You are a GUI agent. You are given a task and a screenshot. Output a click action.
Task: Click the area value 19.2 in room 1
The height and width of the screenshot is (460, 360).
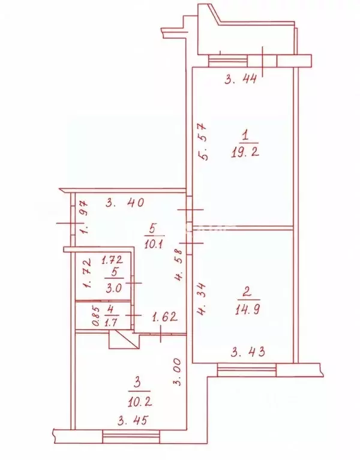(245, 152)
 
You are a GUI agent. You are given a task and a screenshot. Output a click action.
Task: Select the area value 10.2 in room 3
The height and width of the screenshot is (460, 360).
(140, 401)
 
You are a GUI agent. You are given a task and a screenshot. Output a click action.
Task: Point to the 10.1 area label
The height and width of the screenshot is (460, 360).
(154, 243)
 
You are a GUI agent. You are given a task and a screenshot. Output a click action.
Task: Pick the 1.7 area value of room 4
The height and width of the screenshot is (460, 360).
(111, 323)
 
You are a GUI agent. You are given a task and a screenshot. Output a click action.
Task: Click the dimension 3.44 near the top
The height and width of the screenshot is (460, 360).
(241, 79)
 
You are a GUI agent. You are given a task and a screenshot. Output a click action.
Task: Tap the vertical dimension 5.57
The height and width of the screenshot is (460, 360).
(203, 142)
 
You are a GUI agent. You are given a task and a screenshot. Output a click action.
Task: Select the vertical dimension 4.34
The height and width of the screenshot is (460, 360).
(201, 299)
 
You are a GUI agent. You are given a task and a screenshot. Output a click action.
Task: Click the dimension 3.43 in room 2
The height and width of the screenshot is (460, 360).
(248, 351)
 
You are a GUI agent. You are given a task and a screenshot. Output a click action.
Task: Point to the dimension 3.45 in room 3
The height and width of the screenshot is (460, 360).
(132, 421)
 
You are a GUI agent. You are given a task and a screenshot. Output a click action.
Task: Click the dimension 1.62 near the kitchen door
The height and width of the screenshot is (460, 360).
(164, 317)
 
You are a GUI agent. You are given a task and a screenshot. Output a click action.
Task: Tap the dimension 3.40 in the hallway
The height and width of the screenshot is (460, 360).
(125, 203)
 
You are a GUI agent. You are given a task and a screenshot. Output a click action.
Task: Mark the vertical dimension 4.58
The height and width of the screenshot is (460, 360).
(179, 264)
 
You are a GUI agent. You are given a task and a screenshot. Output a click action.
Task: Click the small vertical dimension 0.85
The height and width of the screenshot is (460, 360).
(96, 316)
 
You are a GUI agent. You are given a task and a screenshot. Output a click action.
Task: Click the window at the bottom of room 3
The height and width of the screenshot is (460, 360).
(131, 437)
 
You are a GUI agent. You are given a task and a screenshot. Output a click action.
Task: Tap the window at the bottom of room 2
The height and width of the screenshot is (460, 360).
(247, 369)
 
